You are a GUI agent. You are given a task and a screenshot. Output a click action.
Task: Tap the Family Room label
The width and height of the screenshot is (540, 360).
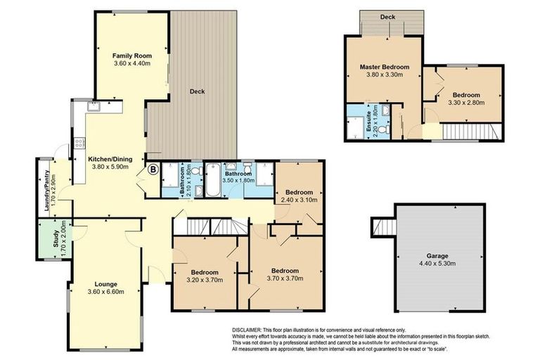coord(133,55)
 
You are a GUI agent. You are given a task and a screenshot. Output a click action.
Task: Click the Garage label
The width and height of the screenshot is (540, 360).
coord(440,256)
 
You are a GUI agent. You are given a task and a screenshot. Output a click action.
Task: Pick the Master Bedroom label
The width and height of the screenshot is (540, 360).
coord(382,67)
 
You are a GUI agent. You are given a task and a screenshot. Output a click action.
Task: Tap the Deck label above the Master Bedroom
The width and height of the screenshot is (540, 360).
coord(387,17)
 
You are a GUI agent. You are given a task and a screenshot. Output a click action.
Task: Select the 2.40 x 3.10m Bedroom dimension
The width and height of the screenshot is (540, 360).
coord(300,200)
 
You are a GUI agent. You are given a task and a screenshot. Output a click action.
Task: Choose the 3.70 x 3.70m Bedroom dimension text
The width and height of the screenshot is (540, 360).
coord(285,279)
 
